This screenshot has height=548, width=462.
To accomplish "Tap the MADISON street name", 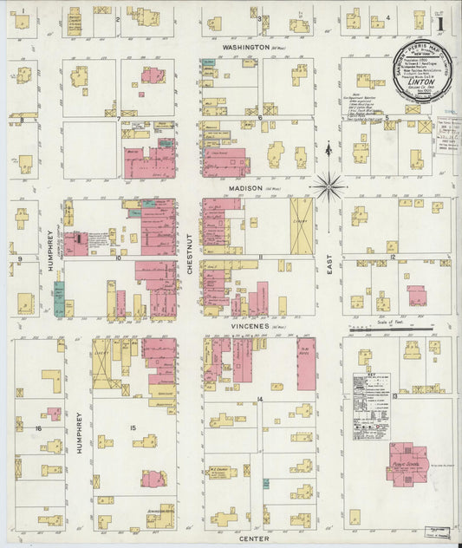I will [245, 187].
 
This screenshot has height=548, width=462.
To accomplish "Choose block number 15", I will [133, 428].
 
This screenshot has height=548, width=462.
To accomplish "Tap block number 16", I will [38, 428].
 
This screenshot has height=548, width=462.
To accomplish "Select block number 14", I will [260, 398].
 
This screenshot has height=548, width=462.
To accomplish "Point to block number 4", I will [387, 16].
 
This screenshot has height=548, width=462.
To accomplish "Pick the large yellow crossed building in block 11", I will [303, 225].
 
